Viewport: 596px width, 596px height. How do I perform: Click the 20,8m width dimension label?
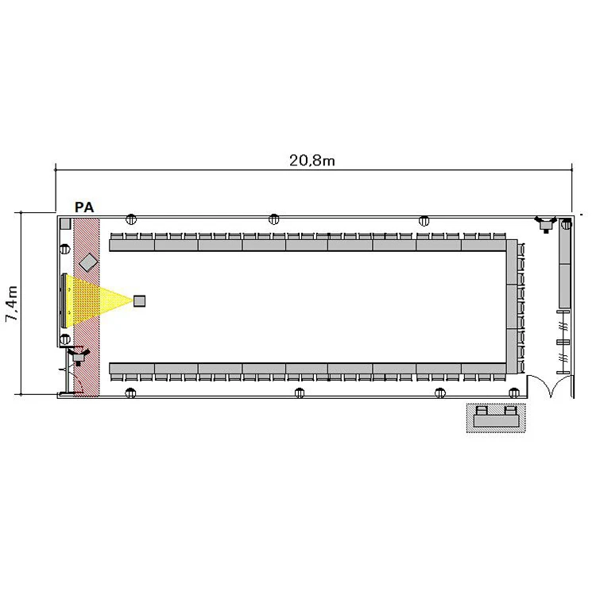click(312, 161)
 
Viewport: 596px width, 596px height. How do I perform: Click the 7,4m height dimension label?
click(12, 304)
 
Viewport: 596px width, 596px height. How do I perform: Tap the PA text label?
click(84, 207)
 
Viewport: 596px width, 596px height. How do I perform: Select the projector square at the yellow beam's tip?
click(140, 300)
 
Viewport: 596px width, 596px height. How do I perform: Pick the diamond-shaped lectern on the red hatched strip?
click(88, 262)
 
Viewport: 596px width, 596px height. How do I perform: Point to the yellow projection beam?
click(99, 300)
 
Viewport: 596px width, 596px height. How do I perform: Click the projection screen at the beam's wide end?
click(64, 300)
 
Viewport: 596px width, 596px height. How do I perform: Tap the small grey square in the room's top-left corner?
click(65, 223)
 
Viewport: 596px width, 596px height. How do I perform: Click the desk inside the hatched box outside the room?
click(497, 420)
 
